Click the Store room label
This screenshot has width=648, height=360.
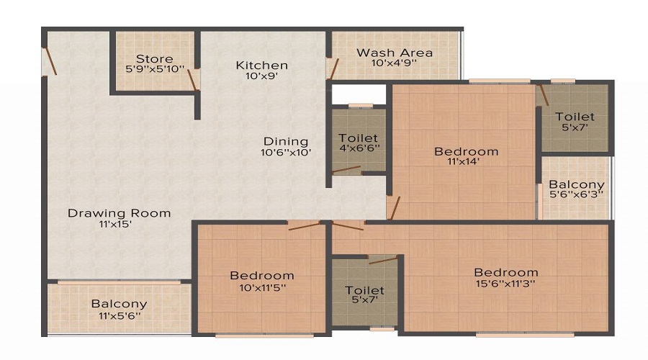154,58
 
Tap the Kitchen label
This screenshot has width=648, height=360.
261,66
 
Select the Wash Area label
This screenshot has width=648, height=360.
395,53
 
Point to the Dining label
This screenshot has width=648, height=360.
285,141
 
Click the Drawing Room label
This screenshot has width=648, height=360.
119,213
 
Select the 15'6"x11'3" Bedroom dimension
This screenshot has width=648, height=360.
505,284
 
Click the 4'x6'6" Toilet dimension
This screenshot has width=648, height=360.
359,148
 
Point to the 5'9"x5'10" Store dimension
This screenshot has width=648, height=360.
154,69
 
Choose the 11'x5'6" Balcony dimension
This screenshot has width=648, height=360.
119,315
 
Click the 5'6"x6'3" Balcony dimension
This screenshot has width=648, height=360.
576,194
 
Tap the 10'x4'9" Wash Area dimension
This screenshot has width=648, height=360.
395,63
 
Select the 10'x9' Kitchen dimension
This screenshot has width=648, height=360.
261,76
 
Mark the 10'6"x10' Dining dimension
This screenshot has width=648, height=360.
285,152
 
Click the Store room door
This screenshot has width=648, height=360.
193,79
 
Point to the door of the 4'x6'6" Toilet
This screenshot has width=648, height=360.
347,170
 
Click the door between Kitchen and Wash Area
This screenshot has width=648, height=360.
332,68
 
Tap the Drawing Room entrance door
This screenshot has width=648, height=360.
49,61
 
